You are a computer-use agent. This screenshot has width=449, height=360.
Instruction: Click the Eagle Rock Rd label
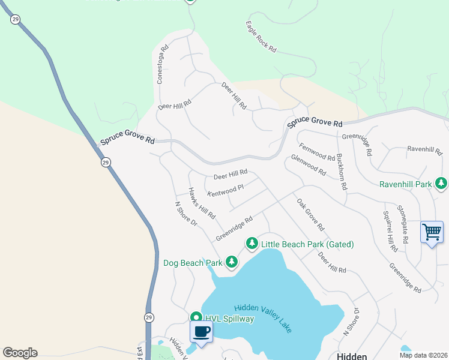(x=261, y=37)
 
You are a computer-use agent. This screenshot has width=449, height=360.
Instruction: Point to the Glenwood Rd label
(x=308, y=165)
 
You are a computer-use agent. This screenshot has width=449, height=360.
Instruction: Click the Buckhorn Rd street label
(x=342, y=172)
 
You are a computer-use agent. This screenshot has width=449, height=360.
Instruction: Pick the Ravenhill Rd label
(x=424, y=148)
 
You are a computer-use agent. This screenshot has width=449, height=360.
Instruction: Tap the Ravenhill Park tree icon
(x=442, y=183)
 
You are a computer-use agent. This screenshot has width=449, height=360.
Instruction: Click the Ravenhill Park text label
(x=406, y=184)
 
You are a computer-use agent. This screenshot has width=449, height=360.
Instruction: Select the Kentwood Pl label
(x=226, y=190)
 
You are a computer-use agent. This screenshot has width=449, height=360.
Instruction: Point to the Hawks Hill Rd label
(x=202, y=203)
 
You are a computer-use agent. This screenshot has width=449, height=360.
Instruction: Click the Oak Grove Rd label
(x=310, y=215)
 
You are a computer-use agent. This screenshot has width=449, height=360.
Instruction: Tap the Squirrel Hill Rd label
(x=390, y=231)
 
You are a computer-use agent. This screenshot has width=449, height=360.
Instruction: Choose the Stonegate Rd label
(x=405, y=226)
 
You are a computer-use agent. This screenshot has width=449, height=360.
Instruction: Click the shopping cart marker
(x=432, y=232)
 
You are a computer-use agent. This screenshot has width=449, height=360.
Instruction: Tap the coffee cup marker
(x=202, y=331)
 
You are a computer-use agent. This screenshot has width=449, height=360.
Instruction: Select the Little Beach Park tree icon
(x=252, y=243)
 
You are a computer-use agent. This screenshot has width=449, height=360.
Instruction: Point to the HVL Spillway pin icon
(x=196, y=318)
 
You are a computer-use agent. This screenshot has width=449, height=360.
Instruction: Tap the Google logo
(x=20, y=353)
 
